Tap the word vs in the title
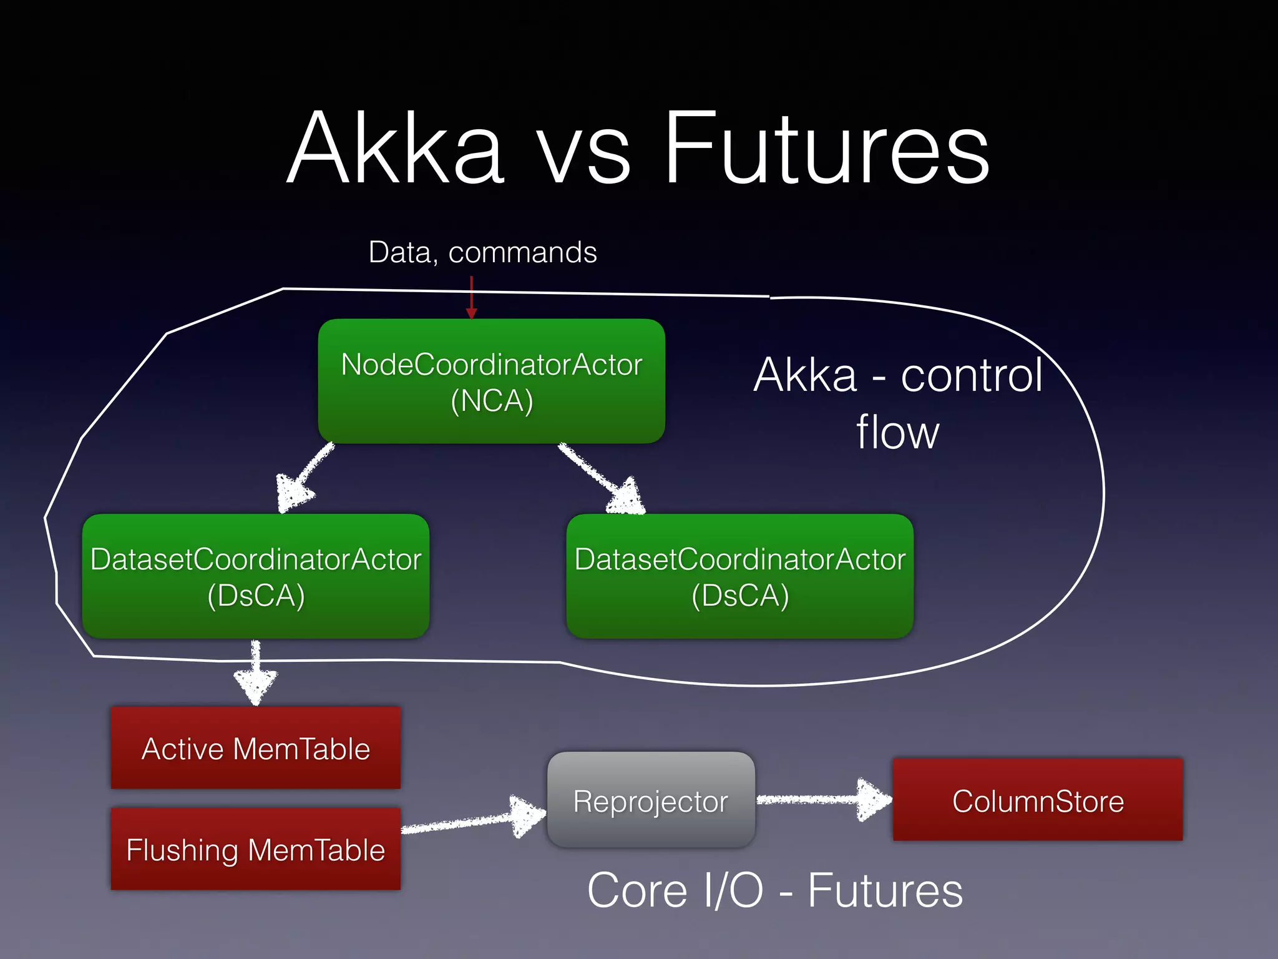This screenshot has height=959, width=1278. (583, 156)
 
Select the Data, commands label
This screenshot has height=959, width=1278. (482, 252)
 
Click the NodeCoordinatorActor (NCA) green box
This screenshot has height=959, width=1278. (492, 381)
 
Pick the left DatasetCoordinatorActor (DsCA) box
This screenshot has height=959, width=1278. (256, 576)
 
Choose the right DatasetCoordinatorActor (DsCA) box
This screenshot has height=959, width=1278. (740, 576)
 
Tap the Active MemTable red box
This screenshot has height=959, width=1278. (256, 748)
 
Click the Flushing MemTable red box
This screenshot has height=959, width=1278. (256, 849)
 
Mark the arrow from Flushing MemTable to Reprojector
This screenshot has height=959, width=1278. (474, 820)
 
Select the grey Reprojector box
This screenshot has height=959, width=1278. (651, 800)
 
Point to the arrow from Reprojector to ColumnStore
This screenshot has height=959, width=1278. (824, 799)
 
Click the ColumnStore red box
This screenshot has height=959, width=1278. (1038, 800)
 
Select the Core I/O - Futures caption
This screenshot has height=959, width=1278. (775, 891)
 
